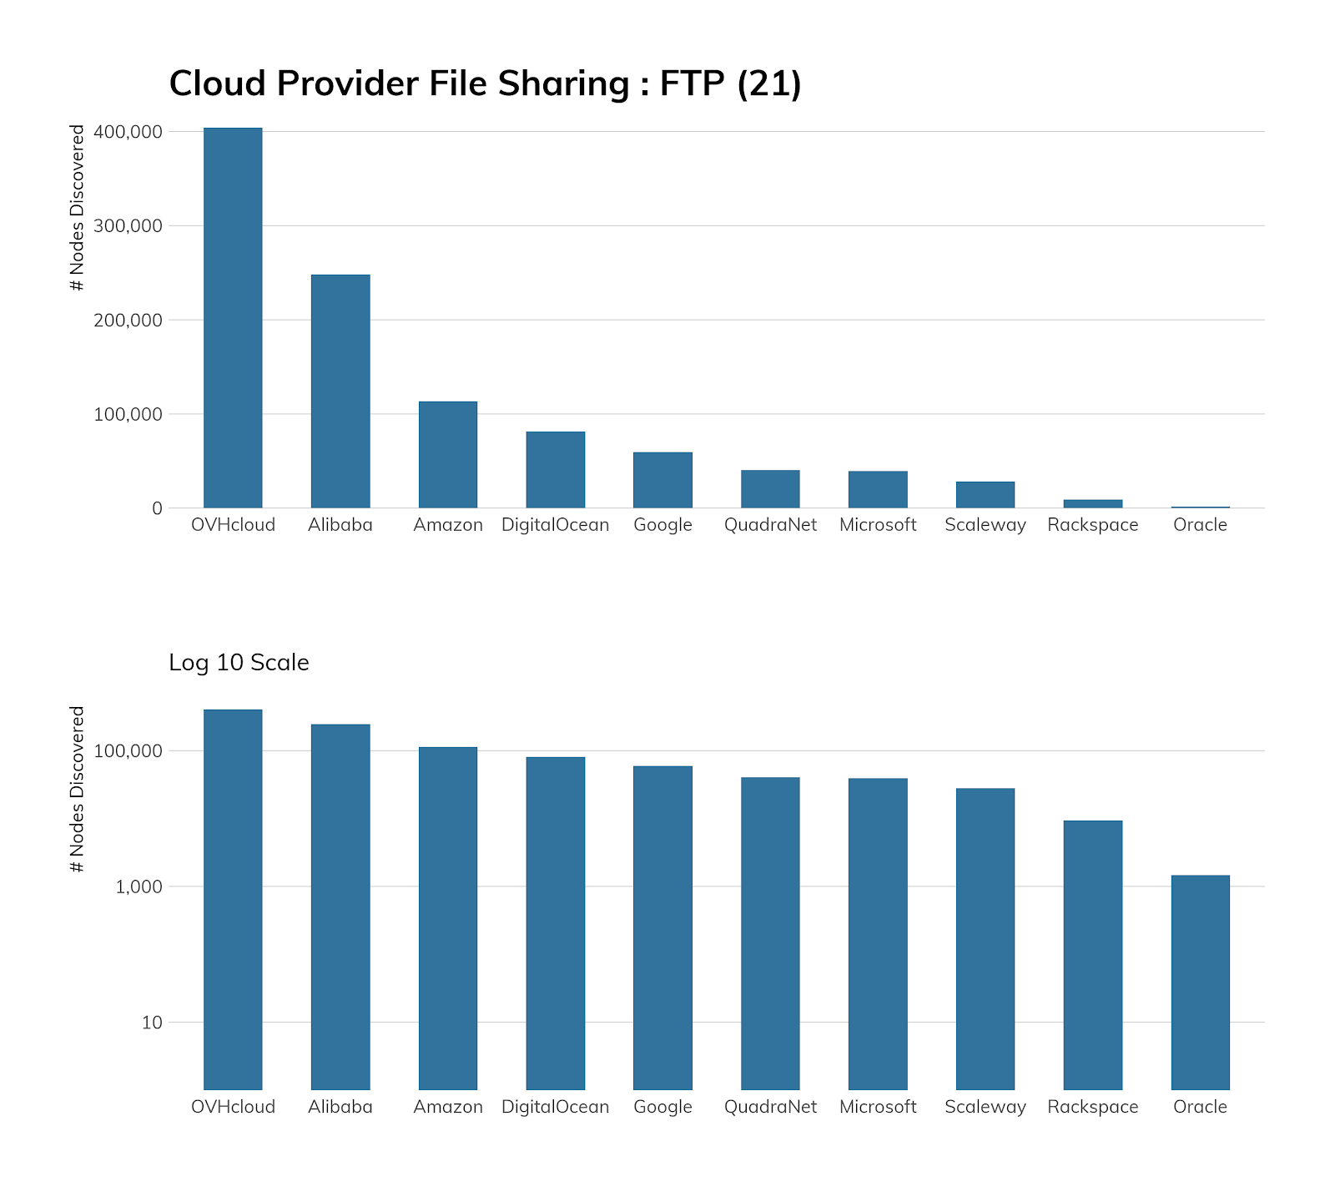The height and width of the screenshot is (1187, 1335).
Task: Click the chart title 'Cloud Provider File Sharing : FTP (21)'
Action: pyautogui.click(x=485, y=84)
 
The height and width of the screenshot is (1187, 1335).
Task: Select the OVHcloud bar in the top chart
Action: pyautogui.click(x=233, y=317)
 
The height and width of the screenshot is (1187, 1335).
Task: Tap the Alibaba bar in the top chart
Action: pyautogui.click(x=340, y=391)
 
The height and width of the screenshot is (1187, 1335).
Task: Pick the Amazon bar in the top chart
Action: pyautogui.click(x=448, y=454)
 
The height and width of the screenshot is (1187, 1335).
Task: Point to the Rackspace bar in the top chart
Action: pyautogui.click(x=1093, y=503)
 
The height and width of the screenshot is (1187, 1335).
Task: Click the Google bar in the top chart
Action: pyautogui.click(x=662, y=480)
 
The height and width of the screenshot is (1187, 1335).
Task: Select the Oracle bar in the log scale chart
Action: pyautogui.click(x=1200, y=982)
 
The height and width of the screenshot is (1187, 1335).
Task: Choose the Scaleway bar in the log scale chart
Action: pyautogui.click(x=985, y=938)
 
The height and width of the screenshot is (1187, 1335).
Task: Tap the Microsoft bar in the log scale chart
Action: pyautogui.click(x=878, y=933)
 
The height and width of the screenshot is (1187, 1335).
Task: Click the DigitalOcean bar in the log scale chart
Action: pyautogui.click(x=556, y=922)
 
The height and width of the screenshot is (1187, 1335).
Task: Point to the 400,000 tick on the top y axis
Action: pyautogui.click(x=128, y=132)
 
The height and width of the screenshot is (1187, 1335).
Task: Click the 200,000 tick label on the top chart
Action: pyautogui.click(x=128, y=321)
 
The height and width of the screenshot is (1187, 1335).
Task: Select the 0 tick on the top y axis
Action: pyautogui.click(x=157, y=508)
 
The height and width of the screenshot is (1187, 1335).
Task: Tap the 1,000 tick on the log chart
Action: pyautogui.click(x=139, y=887)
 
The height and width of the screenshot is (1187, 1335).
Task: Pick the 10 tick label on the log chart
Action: pyautogui.click(x=152, y=1023)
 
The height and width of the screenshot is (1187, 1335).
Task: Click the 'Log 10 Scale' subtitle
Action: pyautogui.click(x=239, y=663)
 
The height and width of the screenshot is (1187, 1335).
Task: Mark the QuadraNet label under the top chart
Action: pyautogui.click(x=770, y=525)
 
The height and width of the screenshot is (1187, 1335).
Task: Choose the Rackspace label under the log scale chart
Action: pyautogui.click(x=1093, y=1107)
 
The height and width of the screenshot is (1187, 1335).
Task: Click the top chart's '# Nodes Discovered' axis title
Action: pyautogui.click(x=78, y=208)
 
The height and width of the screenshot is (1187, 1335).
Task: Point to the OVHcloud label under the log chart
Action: pyautogui.click(x=233, y=1107)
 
